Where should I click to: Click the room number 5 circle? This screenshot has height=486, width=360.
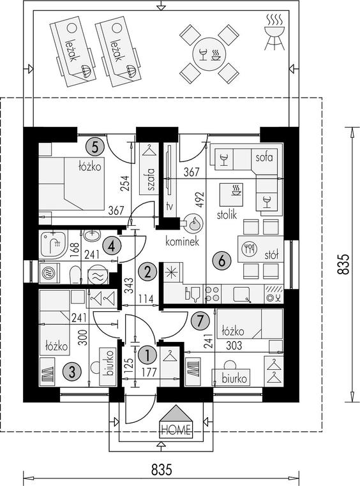95,147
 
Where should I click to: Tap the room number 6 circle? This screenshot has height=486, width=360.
221,261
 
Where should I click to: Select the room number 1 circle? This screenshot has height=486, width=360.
147,355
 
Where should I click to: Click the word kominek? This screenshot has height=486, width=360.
182,242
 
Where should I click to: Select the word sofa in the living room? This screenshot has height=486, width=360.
264,157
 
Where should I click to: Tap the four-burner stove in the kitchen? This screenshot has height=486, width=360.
213,294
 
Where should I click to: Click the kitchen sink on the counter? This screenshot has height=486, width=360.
242,294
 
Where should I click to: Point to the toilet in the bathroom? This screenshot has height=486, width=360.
75,274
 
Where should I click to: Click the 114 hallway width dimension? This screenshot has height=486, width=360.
146,299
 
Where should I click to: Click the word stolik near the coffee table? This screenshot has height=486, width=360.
227,214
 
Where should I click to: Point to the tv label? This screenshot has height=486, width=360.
169,205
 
